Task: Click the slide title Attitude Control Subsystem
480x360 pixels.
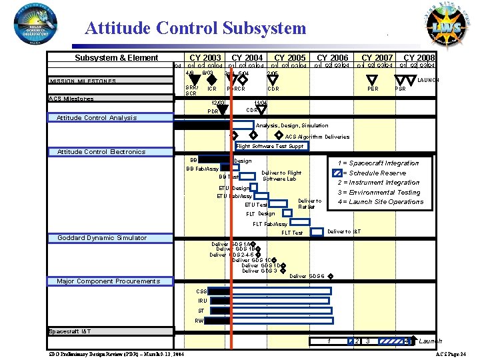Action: click(x=195, y=28)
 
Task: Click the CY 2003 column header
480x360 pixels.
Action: click(x=205, y=58)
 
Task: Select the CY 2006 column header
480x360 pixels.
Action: click(x=332, y=58)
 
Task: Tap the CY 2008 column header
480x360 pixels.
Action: click(x=419, y=58)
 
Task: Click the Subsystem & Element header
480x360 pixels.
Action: click(x=116, y=58)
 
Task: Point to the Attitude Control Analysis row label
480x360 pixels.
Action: click(x=97, y=118)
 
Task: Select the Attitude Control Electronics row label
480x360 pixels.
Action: click(x=101, y=152)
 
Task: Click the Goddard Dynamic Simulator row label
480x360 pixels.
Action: click(x=102, y=238)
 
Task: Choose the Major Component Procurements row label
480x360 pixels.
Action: click(x=108, y=281)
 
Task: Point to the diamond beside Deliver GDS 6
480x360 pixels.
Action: click(x=331, y=277)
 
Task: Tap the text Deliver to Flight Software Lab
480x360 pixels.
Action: click(x=281, y=176)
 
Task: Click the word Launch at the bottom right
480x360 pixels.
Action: click(x=430, y=341)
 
